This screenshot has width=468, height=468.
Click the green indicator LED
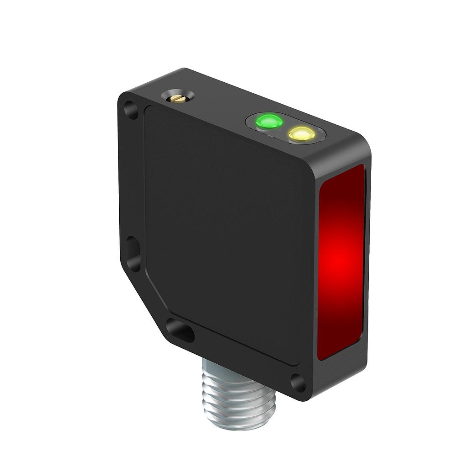click(x=269, y=122)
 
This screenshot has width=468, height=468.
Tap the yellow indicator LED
click(x=302, y=133)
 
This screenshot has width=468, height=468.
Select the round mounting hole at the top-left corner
click(x=132, y=110)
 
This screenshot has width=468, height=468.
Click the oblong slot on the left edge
click(x=133, y=253)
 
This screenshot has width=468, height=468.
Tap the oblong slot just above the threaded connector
click(x=180, y=331)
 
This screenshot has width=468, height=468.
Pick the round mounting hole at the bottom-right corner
click(x=298, y=383)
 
